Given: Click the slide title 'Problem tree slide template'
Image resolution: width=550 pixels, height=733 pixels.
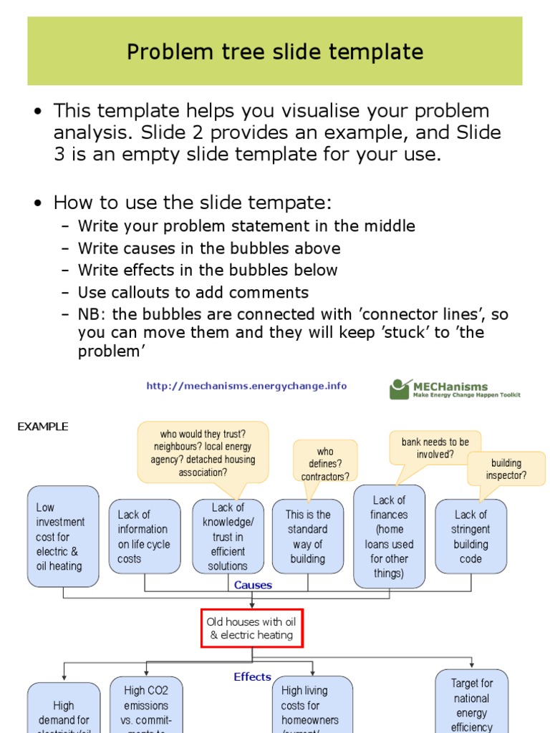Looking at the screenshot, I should coord(275,52).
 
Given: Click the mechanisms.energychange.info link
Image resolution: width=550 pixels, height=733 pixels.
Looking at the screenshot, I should coord(246,386).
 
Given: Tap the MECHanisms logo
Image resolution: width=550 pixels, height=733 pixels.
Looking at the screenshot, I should coord(455,389).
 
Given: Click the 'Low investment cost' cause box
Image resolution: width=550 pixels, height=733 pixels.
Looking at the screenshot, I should coord(63,536).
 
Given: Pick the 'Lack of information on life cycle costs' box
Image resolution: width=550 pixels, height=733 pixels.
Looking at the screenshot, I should coord(145,536).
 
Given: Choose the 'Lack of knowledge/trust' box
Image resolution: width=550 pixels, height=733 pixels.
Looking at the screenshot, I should coord(228,536).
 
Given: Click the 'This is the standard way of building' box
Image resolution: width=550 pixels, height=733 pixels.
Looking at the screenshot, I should coord(308,536).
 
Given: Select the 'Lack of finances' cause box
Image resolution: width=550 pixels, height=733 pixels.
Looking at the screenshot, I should coord(389,536).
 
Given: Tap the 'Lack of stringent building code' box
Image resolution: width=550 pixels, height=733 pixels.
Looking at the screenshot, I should coord(471,536).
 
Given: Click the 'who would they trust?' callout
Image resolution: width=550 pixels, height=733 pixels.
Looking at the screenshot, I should coord(203,452).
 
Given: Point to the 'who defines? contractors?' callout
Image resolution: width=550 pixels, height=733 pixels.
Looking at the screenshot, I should coord(325,464).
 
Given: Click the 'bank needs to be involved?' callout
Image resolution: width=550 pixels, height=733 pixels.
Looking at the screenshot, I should coord(435,448).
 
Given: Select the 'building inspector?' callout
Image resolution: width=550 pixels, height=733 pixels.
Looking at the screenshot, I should coord(506,468).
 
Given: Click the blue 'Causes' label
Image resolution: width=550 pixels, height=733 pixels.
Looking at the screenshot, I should coord(253,585).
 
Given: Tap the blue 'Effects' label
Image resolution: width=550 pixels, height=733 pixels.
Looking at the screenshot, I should coord(252,676).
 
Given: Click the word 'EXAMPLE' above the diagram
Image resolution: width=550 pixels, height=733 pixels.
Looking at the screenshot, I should coord(43,427).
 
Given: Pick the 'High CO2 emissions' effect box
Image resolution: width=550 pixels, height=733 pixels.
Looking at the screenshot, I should coord(146,705).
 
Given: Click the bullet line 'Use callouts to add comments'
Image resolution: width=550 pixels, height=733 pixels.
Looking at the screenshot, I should coord(193,292).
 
